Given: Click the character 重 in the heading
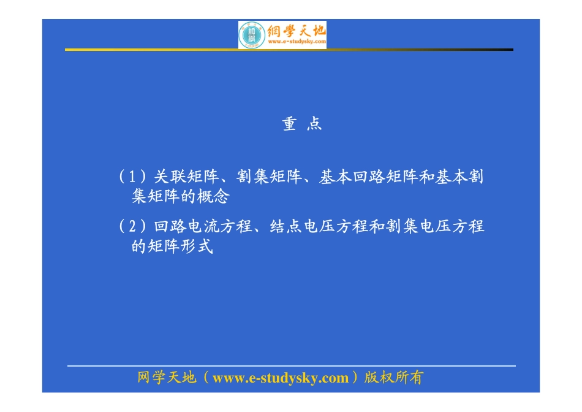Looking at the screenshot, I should (x=289, y=124).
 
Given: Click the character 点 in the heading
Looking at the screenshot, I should (x=314, y=124).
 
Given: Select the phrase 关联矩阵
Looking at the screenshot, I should (x=186, y=177).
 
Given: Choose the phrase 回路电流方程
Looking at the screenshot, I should (x=203, y=226).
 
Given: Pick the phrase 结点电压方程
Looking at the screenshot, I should (x=317, y=226).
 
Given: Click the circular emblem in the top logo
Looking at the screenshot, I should (x=251, y=35).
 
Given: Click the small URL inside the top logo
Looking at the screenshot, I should (x=296, y=42).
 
